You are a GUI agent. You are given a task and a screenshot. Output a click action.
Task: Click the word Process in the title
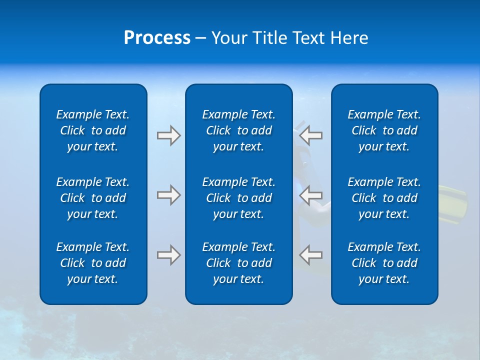point(157,38)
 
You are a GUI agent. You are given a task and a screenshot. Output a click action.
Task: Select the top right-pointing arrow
point(169,135)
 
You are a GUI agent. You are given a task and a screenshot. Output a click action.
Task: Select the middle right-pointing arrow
point(169,194)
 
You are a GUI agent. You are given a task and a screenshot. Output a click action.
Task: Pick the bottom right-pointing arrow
point(169,254)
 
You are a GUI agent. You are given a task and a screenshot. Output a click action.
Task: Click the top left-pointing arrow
point(310,135)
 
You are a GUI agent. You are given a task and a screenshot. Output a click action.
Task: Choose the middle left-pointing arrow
point(310,194)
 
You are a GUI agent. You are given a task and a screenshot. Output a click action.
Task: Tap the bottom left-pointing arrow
point(310,254)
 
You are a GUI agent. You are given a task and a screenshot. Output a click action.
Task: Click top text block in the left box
point(93,130)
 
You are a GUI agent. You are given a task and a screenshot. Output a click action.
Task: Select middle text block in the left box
point(93,198)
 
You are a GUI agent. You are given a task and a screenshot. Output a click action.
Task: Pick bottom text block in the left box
point(93,263)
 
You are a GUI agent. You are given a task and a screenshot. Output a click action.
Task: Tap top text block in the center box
point(238,130)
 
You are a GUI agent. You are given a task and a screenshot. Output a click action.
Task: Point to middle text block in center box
point(238,198)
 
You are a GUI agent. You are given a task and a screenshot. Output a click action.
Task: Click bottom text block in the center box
point(238,263)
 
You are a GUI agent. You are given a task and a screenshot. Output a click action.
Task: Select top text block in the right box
point(384,130)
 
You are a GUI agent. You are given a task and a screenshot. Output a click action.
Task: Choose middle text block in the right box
point(384,198)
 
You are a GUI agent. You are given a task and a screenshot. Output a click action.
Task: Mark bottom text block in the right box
point(384,263)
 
